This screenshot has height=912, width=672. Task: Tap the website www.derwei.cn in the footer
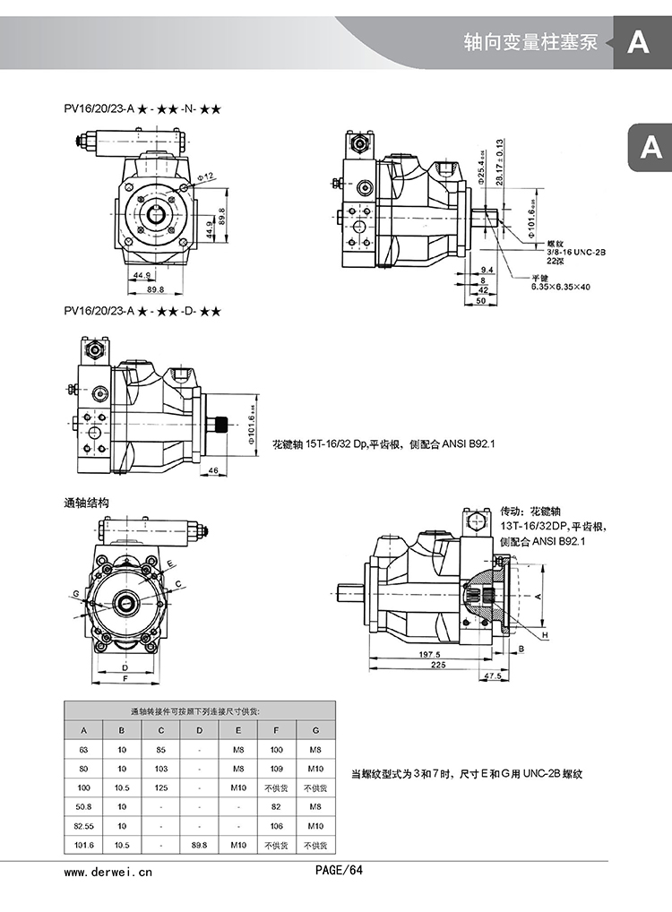click(108, 870)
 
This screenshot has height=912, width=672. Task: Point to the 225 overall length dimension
click(437, 666)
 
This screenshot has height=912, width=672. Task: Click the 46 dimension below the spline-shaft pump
click(214, 469)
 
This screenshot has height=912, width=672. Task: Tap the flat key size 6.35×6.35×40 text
click(561, 287)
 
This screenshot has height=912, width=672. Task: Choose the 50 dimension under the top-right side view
click(480, 301)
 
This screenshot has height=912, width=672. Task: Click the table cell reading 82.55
click(83, 826)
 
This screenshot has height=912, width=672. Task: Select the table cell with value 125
click(161, 787)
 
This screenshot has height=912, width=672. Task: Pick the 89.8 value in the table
click(200, 845)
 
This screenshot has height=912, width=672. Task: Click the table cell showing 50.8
click(83, 807)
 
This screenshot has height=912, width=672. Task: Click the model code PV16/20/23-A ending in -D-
click(142, 312)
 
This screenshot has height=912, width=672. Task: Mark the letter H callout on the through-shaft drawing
click(545, 635)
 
